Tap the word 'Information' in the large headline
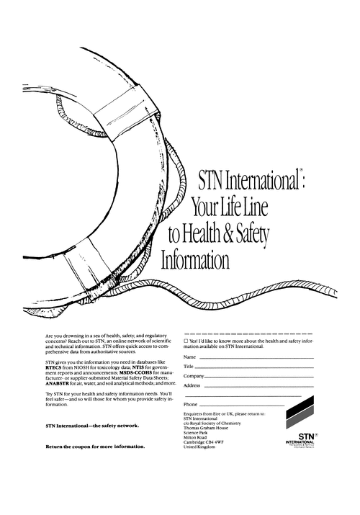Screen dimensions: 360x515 (x=195, y=258)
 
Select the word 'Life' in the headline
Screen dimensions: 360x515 (x=230, y=209)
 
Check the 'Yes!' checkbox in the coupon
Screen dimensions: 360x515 (x=186, y=341)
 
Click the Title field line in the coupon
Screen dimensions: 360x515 (x=245, y=367)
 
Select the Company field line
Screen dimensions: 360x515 (x=249, y=377)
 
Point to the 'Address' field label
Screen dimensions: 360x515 (x=192, y=385)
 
